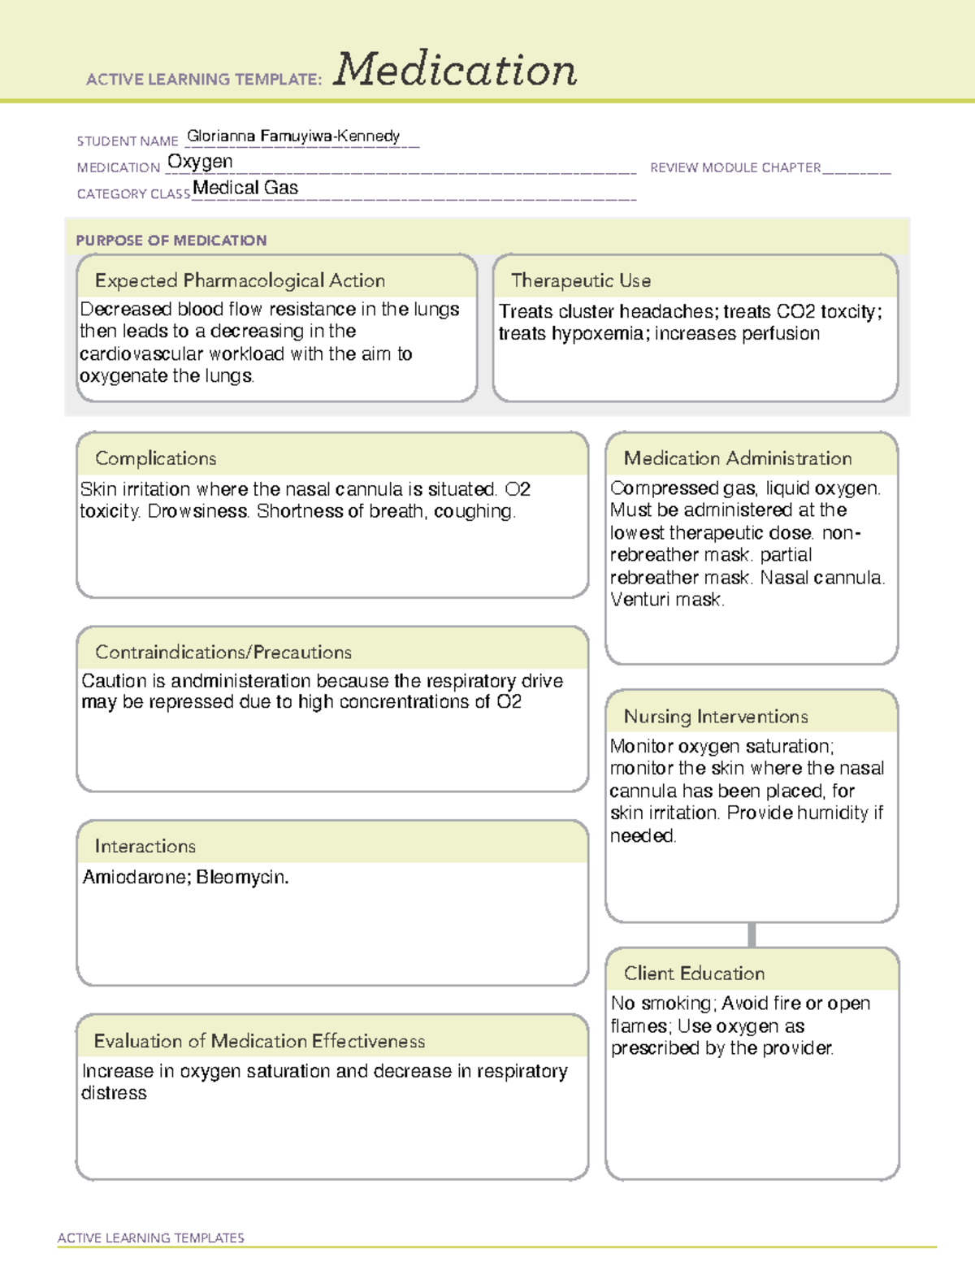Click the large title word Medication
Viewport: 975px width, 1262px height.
[455, 70]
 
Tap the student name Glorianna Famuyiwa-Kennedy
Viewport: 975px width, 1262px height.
[293, 136]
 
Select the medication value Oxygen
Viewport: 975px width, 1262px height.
[200, 162]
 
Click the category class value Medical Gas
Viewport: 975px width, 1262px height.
[245, 188]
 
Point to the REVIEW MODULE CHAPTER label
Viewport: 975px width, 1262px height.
[735, 167]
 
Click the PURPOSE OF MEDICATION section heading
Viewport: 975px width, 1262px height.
[171, 241]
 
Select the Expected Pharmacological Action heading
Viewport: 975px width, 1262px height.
[240, 280]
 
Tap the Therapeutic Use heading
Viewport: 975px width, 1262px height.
[581, 280]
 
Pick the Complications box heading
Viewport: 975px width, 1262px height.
[156, 458]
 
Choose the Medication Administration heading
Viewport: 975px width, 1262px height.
[738, 458]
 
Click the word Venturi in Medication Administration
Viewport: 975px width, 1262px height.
[640, 600]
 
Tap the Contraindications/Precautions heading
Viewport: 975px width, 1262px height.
[223, 653]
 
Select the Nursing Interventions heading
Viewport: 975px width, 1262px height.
[716, 717]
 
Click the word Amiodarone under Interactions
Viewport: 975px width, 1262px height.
[136, 878]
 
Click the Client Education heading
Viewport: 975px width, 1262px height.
[694, 974]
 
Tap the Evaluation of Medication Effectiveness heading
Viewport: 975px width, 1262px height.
[259, 1041]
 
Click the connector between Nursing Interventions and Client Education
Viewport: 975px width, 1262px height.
[752, 935]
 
